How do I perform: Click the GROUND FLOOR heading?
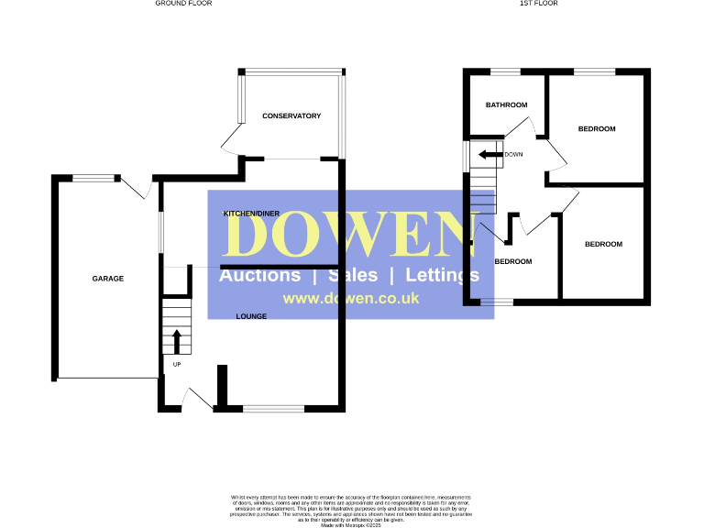point(182,4)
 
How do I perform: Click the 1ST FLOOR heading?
point(538,4)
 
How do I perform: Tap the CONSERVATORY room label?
point(291,116)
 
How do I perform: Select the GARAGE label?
point(107,279)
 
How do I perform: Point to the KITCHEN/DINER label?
point(251,214)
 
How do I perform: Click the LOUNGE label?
point(251,316)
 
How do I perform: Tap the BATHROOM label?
point(507,105)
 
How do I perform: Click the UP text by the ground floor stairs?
point(175,364)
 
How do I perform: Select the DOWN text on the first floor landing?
point(513,155)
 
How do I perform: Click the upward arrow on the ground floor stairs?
point(176,341)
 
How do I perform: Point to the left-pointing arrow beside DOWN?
point(490,155)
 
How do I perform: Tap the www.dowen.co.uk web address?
point(351,299)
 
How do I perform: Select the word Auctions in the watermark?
point(259,275)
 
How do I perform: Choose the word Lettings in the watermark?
point(442,275)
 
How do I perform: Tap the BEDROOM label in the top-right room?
point(597,129)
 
